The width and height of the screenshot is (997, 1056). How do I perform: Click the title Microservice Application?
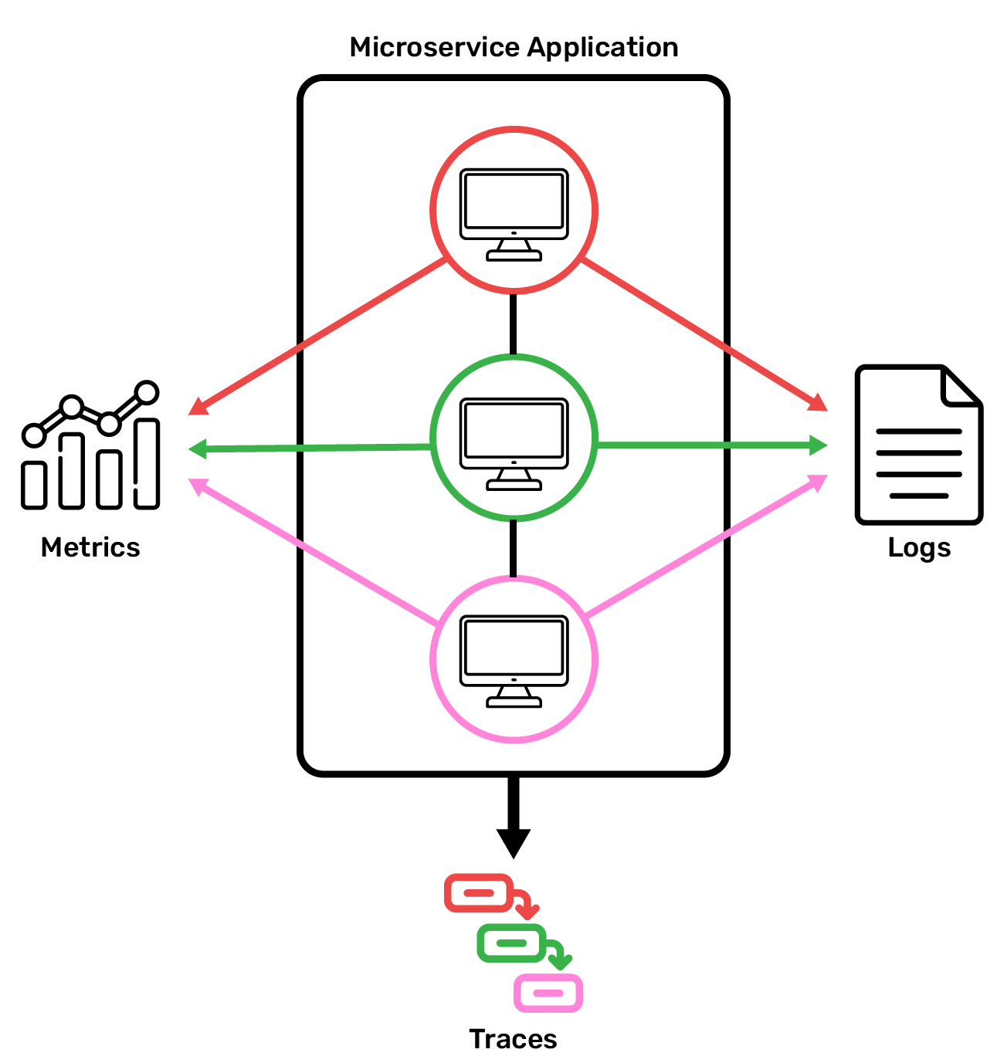(514, 48)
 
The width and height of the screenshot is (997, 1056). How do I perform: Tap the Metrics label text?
(90, 547)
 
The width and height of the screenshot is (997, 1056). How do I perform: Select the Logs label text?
(919, 547)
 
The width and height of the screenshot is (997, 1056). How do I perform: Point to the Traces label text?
(513, 1039)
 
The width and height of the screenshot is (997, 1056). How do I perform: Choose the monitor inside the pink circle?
(514, 661)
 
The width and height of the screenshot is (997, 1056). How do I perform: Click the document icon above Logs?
(918, 445)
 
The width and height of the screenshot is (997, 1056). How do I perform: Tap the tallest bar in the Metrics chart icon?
(147, 463)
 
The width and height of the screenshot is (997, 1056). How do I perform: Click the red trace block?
(479, 893)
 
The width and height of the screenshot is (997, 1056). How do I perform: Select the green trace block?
(511, 943)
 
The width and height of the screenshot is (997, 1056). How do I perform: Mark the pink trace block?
(548, 993)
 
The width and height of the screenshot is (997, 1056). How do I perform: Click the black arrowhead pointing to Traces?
(514, 842)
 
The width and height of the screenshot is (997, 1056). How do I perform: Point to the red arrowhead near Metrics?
(198, 407)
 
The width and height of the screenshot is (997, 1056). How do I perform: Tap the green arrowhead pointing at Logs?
(819, 445)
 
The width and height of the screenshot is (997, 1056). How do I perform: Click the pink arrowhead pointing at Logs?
(818, 482)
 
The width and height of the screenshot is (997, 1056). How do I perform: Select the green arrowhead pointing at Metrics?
(198, 448)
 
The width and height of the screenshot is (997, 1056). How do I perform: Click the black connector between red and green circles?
(514, 324)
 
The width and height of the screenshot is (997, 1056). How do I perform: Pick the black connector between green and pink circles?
(514, 549)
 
